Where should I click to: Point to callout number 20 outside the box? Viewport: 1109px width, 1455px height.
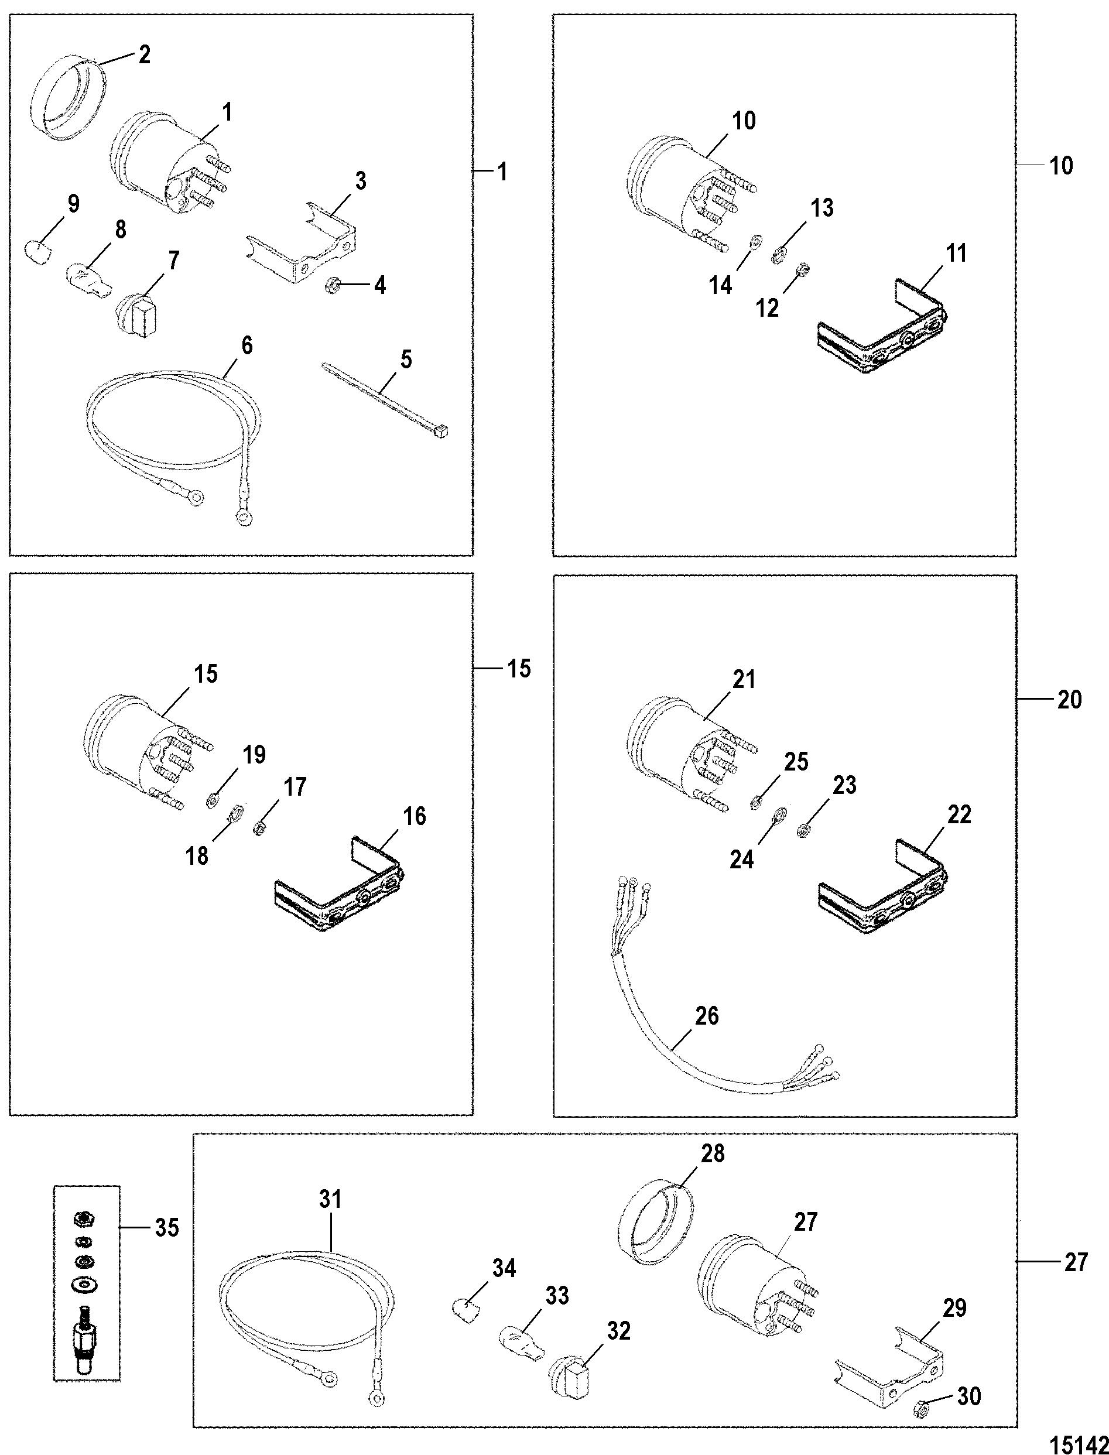coord(1069,699)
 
